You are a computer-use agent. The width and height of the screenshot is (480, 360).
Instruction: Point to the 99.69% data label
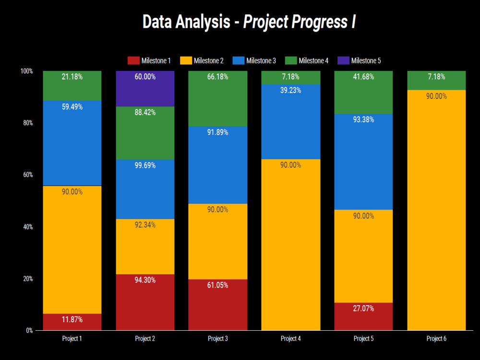[145, 166]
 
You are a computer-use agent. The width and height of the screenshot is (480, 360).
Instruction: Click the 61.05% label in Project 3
[217, 285]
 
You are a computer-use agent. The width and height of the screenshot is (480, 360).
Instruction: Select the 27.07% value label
[363, 309]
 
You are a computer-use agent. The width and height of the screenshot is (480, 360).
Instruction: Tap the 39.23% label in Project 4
[290, 90]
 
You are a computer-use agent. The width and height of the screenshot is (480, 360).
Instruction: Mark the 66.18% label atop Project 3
[217, 77]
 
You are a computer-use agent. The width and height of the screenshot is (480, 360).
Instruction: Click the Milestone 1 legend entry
[149, 60]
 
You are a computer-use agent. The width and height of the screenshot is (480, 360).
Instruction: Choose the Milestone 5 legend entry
[360, 60]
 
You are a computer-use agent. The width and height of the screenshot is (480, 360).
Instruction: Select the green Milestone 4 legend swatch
[291, 60]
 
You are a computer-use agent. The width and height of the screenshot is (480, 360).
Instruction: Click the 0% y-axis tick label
[29, 330]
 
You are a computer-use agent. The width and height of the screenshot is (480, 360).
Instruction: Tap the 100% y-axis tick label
[26, 71]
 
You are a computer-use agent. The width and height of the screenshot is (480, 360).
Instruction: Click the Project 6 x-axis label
[436, 338]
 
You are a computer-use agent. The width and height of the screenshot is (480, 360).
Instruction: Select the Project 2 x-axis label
[145, 338]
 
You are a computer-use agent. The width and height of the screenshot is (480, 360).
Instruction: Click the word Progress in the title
[316, 22]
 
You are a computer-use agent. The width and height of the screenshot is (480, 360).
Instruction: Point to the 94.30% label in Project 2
[145, 280]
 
